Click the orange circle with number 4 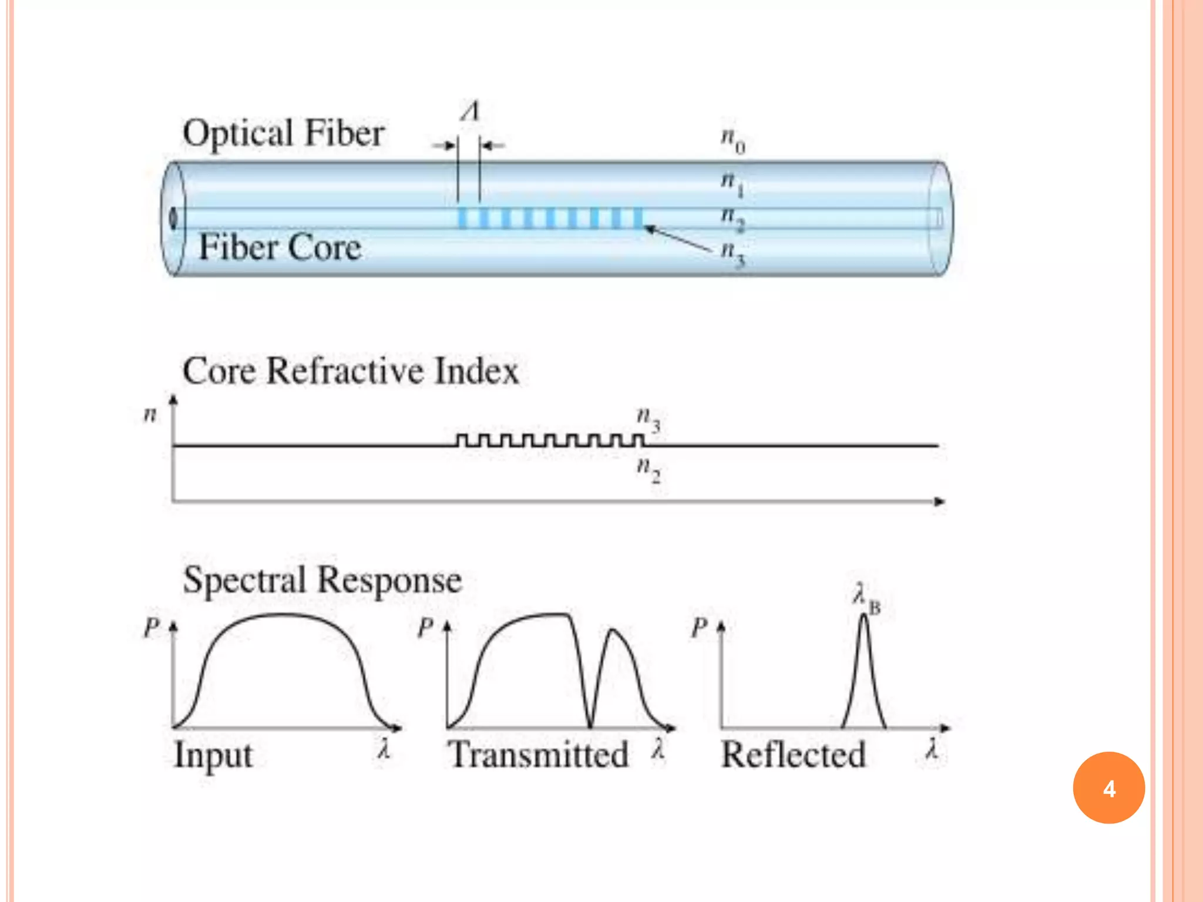tap(1108, 787)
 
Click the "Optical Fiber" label tap(283, 133)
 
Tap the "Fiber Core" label tap(280, 247)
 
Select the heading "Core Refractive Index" tap(351, 371)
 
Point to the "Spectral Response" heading tap(322, 580)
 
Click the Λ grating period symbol tap(470, 111)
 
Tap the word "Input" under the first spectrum tap(213, 755)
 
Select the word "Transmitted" tap(537, 755)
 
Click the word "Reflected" tap(793, 755)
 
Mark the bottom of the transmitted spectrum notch tap(590, 726)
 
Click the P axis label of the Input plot tap(151, 628)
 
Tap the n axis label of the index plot tap(150, 415)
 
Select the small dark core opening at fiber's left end tap(173, 218)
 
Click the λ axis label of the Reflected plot tap(931, 750)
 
